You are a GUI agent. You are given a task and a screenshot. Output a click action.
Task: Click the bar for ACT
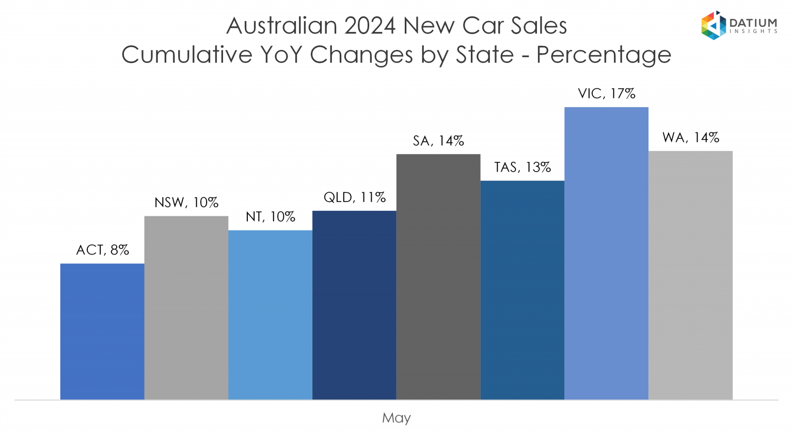[102, 331]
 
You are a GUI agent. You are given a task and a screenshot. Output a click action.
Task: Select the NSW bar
[186, 308]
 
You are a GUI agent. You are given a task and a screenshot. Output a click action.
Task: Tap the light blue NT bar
[270, 315]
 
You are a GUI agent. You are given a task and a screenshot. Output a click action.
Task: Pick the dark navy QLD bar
[354, 305]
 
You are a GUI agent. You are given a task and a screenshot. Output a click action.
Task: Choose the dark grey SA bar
[438, 277]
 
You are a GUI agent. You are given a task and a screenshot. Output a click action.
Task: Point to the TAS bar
[522, 290]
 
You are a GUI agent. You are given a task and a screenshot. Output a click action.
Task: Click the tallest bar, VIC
[606, 253]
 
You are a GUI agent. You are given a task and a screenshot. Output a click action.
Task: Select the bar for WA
[690, 275]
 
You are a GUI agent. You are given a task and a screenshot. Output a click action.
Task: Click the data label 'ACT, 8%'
[102, 250]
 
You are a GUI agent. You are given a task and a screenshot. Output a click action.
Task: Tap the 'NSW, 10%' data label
[186, 203]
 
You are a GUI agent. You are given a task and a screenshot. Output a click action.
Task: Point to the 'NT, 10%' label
[270, 217]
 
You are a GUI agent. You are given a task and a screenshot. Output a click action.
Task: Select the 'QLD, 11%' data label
[354, 197]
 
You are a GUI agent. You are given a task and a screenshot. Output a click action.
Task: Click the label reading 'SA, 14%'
[438, 141]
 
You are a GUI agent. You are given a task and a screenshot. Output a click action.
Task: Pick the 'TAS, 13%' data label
[522, 168]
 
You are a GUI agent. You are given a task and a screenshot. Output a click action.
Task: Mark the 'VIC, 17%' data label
[606, 94]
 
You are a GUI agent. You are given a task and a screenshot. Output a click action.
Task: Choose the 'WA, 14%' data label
[690, 138]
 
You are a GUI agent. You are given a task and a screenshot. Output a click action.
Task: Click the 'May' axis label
[396, 418]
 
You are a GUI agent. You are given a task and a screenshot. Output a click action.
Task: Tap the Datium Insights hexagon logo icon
[713, 25]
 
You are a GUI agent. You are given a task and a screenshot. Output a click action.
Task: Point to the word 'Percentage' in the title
[604, 55]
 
